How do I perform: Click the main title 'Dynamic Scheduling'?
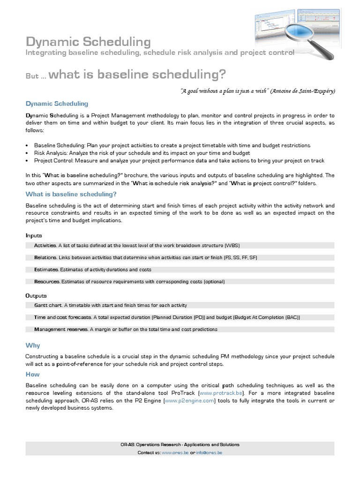tap(88, 42)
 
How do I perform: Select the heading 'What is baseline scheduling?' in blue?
tap(71, 194)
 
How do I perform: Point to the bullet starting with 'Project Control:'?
tap(179, 160)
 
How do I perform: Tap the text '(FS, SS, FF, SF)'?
tap(240, 257)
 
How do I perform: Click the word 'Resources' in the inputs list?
tap(47, 282)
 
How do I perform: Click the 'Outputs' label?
tap(36, 296)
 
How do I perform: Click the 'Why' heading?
tap(32, 345)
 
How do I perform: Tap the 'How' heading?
tap(32, 374)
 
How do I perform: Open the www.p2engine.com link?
tap(189, 401)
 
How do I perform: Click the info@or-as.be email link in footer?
tap(209, 453)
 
